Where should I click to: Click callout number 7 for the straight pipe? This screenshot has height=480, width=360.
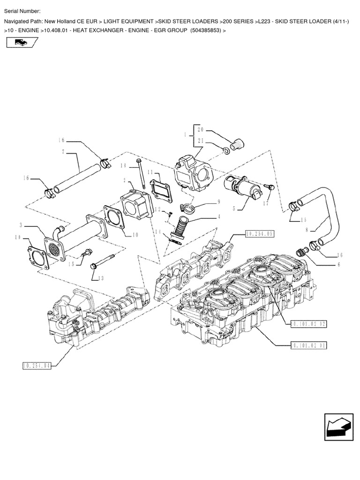(x=62, y=151)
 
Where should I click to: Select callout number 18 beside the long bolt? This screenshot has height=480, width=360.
(x=123, y=165)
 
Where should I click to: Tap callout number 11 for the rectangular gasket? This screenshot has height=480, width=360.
(x=150, y=173)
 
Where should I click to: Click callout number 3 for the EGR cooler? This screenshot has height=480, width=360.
(x=21, y=225)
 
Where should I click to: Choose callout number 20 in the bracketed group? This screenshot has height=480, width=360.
(x=200, y=130)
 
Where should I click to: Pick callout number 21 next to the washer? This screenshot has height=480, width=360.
(x=200, y=141)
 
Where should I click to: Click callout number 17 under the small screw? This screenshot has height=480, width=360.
(x=266, y=203)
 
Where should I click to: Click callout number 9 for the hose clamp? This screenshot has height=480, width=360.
(x=218, y=202)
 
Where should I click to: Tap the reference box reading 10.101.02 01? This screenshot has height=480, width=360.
(x=308, y=345)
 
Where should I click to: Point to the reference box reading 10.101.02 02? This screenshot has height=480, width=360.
(x=308, y=323)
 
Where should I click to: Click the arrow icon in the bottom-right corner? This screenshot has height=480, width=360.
(x=337, y=427)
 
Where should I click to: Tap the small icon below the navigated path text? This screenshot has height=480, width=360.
(x=21, y=43)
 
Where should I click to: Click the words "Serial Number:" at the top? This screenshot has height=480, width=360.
(x=22, y=11)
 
